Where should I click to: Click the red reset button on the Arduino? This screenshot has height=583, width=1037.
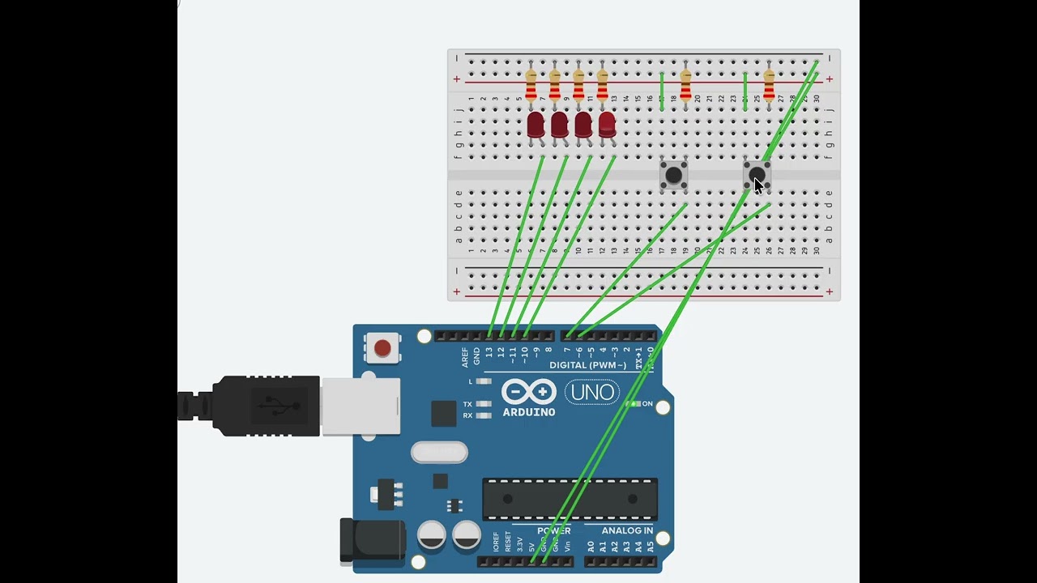pyautogui.click(x=382, y=348)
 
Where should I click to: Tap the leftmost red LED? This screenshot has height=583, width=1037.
pyautogui.click(x=536, y=125)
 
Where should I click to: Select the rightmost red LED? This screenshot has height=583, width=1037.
pyautogui.click(x=607, y=125)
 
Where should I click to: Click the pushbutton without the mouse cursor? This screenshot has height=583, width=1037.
pyautogui.click(x=673, y=175)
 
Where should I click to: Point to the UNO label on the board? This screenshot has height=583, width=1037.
pyautogui.click(x=592, y=393)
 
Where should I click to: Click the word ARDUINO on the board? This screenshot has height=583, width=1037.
pyautogui.click(x=529, y=412)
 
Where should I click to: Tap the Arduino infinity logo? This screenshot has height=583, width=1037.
pyautogui.click(x=529, y=392)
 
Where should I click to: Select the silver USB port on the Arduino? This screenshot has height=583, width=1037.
pyautogui.click(x=361, y=405)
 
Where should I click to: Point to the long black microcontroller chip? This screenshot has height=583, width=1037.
pyautogui.click(x=570, y=499)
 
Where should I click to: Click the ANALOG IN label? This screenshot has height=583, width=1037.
pyautogui.click(x=627, y=530)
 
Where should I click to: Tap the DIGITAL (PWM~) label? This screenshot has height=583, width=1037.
pyautogui.click(x=587, y=365)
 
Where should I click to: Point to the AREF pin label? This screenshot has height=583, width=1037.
pyautogui.click(x=465, y=357)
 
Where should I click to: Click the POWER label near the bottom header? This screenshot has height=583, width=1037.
pyautogui.click(x=554, y=530)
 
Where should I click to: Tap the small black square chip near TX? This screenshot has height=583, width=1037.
pyautogui.click(x=443, y=413)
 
